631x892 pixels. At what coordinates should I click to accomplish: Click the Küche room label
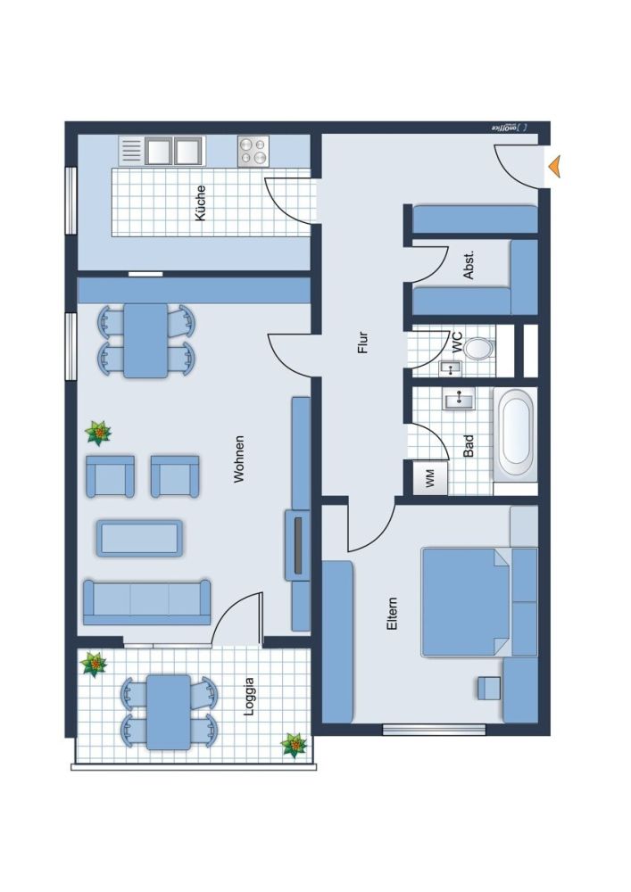(200, 202)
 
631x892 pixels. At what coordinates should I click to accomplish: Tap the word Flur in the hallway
(362, 343)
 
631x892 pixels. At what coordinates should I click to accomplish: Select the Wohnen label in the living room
(238, 459)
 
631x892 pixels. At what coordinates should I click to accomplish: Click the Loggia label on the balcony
(249, 698)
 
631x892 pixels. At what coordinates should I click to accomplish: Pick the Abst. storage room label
(469, 266)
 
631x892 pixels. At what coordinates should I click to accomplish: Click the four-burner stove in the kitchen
(253, 151)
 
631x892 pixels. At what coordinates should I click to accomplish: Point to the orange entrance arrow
(554, 165)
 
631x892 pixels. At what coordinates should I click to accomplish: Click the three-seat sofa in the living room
(146, 601)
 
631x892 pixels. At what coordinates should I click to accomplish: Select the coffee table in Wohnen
(139, 538)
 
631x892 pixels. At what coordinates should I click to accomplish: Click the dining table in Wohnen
(145, 341)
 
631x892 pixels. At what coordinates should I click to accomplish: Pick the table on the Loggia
(168, 711)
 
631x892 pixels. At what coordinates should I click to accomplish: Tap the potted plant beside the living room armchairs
(98, 434)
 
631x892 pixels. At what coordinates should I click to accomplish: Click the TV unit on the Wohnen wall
(296, 544)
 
